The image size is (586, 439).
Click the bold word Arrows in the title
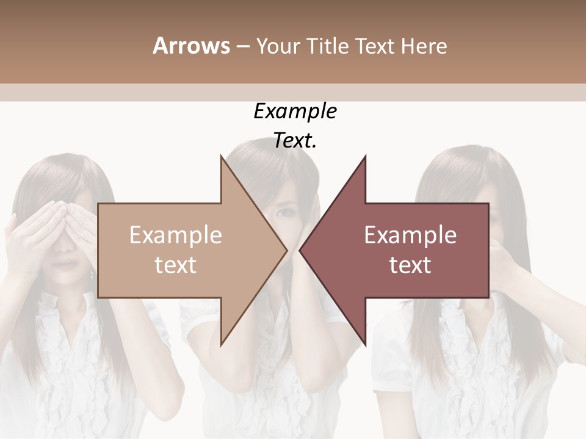coord(191,46)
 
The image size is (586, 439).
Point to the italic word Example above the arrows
coord(295,111)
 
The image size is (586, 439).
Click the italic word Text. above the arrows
coord(295,141)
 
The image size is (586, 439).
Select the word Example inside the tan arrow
coord(176,235)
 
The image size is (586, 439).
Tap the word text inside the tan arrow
coord(176,265)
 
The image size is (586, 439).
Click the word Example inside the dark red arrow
coord(410,235)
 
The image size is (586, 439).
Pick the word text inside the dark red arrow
coord(410,265)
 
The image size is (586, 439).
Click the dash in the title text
coord(242,47)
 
